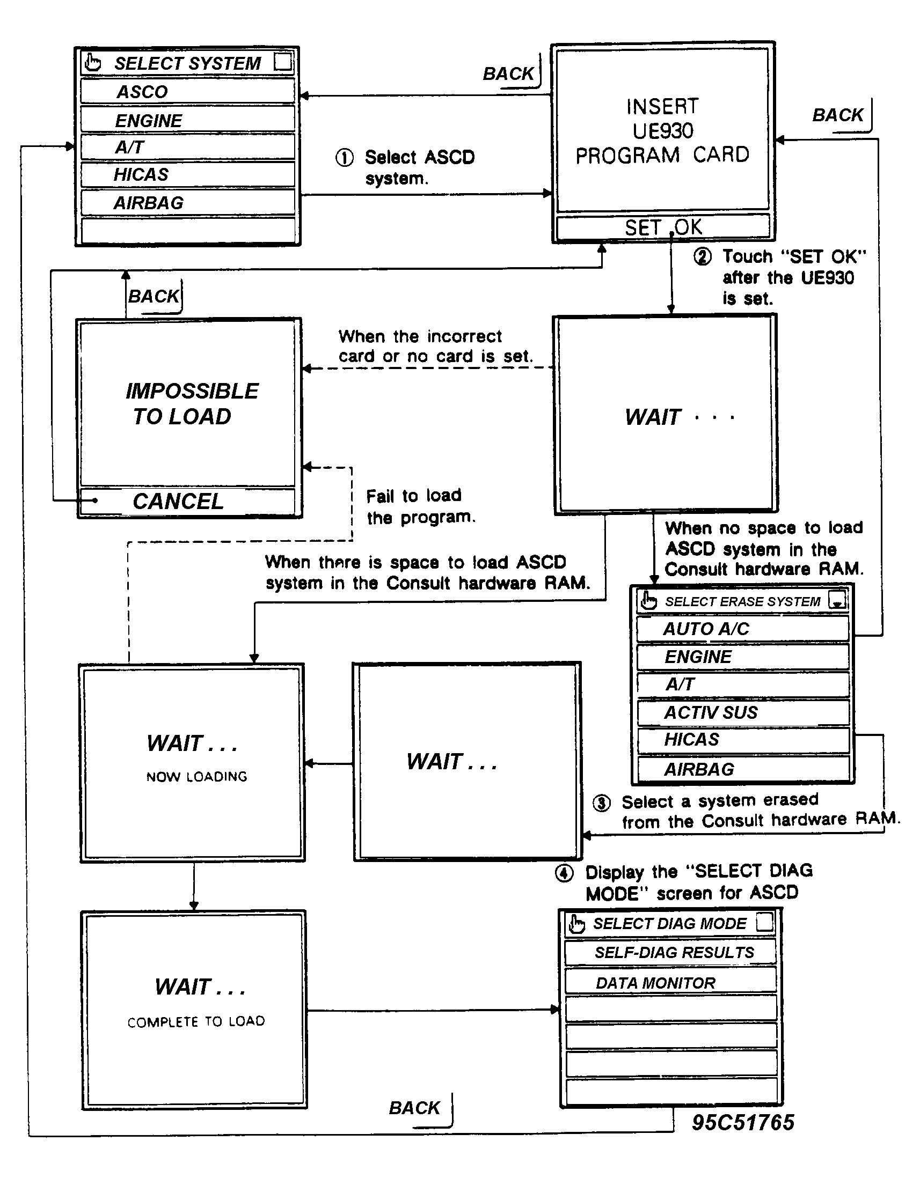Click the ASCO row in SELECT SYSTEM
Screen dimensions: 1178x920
[x=187, y=91]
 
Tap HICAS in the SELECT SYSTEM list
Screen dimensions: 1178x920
[x=187, y=174]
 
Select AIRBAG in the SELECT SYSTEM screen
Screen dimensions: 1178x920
[x=187, y=203]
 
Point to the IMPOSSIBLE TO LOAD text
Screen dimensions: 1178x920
[x=191, y=403]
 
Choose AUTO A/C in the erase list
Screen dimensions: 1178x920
[x=742, y=629]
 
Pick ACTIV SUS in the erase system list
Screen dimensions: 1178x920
[x=743, y=712]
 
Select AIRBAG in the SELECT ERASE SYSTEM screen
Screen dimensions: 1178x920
[x=743, y=769]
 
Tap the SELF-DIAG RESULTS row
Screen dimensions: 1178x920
[x=670, y=953]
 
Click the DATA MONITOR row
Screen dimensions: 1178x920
[x=670, y=983]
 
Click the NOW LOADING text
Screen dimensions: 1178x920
[x=196, y=777]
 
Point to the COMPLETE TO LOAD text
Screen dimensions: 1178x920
[x=196, y=1021]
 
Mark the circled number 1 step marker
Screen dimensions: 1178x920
[x=344, y=158]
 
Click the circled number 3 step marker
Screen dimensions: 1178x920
[x=602, y=803]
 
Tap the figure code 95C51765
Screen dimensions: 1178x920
[x=742, y=1122]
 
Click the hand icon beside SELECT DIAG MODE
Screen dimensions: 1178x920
[x=577, y=924]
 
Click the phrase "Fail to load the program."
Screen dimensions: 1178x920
[x=420, y=506]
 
